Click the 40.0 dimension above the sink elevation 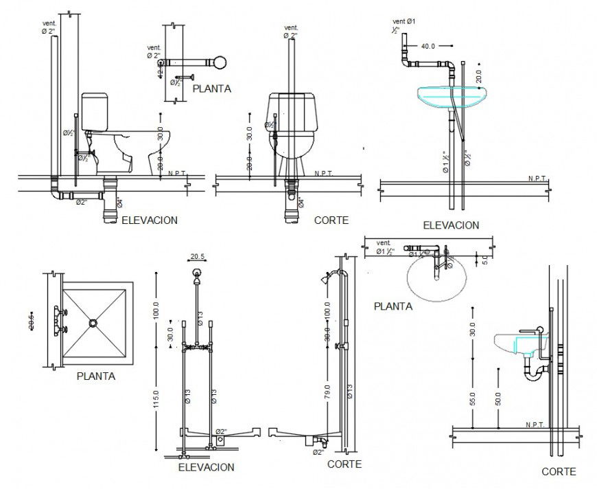click(x=428, y=46)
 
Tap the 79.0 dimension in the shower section click(x=329, y=392)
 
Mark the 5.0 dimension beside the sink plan click(x=484, y=260)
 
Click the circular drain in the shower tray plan click(x=93, y=321)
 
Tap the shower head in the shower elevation click(x=197, y=276)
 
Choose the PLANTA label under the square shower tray click(x=96, y=376)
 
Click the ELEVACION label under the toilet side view click(x=150, y=220)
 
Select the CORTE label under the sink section click(x=559, y=471)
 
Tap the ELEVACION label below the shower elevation click(x=206, y=467)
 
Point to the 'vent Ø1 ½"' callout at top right click(x=403, y=26)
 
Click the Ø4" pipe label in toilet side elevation click(x=119, y=203)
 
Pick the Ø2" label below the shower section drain click(x=318, y=452)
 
